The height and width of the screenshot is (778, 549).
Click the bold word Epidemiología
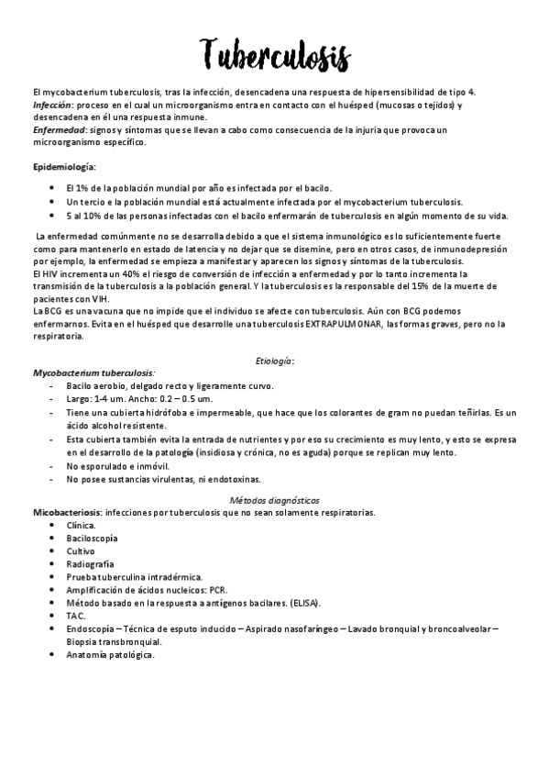coord(62,167)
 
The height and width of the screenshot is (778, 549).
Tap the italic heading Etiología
coord(274,361)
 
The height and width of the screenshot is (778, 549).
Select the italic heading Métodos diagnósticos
coord(274,500)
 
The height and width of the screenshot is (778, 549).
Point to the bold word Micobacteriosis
coord(67,512)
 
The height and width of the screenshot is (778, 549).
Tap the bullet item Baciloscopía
coord(92,538)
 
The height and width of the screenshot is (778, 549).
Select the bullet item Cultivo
coord(81,550)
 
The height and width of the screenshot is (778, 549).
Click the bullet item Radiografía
coord(90,563)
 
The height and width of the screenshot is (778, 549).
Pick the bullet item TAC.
coord(75,616)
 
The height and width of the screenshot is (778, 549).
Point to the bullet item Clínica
coord(81,525)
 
